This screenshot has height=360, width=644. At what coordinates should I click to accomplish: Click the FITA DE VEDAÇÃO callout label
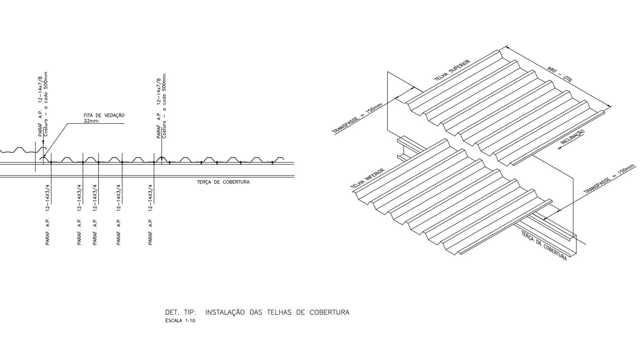coord(104,116)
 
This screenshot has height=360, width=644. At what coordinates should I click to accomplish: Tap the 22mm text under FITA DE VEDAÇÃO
coord(91,121)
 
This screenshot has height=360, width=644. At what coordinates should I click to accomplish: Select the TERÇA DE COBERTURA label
coord(223,182)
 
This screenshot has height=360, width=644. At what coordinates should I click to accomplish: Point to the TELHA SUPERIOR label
coord(452,70)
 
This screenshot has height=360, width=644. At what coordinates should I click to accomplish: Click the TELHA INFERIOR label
coord(367,178)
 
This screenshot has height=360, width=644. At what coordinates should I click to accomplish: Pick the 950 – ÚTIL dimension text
coord(560,74)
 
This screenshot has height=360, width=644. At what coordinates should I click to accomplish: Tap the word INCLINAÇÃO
coord(573,137)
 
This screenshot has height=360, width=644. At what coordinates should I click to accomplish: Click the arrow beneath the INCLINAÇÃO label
coord(569,144)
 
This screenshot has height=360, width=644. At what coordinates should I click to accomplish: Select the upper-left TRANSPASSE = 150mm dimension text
coord(357,119)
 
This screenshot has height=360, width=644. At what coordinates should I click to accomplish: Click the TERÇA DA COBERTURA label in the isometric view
coord(544,246)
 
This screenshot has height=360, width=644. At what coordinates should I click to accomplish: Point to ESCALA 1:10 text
coord(180,321)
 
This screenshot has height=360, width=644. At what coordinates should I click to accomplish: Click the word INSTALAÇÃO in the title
coord(225,312)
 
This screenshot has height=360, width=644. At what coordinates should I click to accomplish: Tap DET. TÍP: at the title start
coord(181,312)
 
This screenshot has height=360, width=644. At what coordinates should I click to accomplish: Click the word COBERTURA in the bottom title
coord(330,312)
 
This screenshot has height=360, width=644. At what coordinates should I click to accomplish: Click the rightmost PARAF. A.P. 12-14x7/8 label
coord(158,108)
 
